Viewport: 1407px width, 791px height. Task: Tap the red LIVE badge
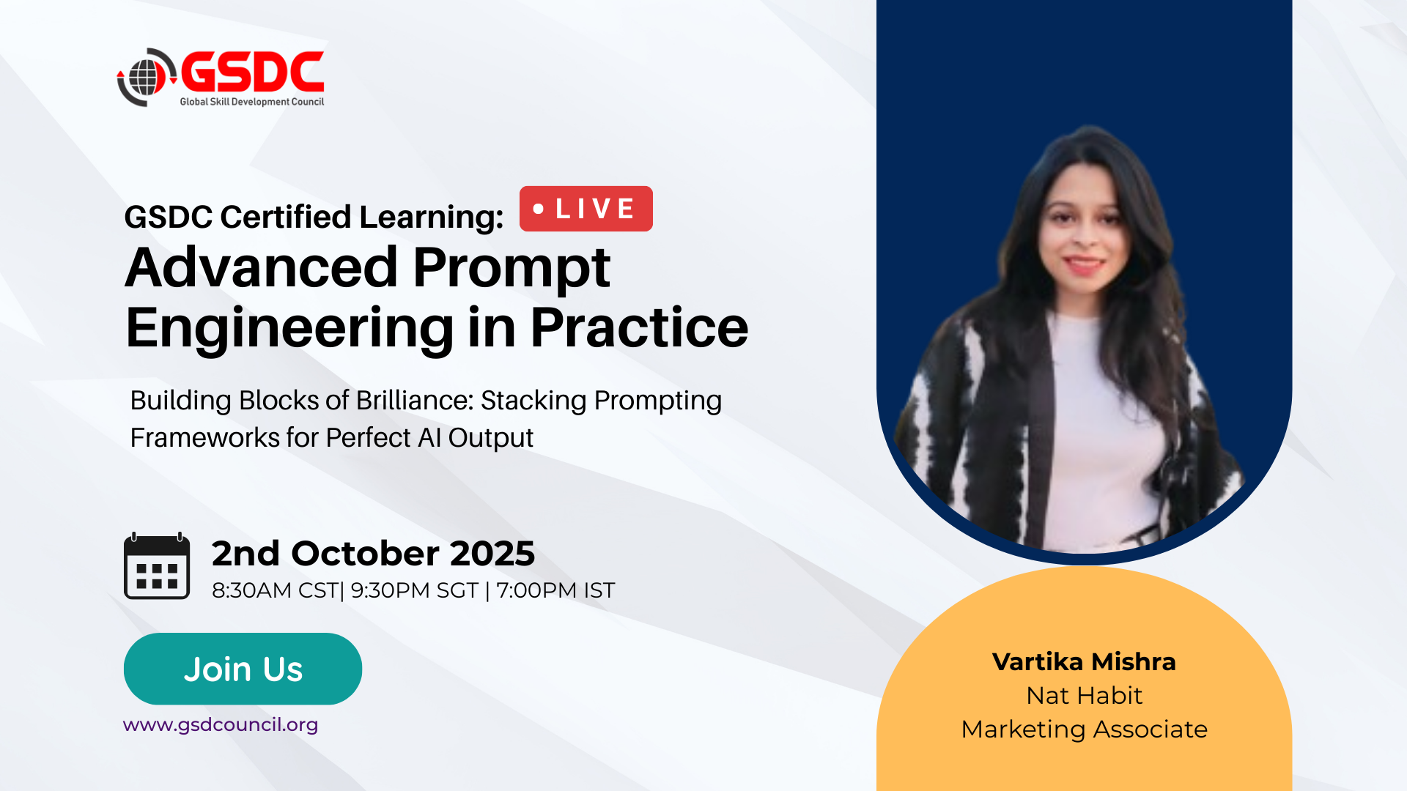pyautogui.click(x=586, y=209)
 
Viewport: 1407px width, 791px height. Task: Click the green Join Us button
pyautogui.click(x=243, y=669)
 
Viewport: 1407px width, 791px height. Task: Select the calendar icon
pyautogui.click(x=157, y=566)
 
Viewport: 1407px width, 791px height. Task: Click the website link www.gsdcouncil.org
pyautogui.click(x=221, y=724)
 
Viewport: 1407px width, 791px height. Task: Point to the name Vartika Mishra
pyautogui.click(x=1084, y=661)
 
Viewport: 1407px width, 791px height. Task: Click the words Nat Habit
pyautogui.click(x=1084, y=695)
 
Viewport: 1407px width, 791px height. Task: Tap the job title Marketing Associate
pyautogui.click(x=1084, y=729)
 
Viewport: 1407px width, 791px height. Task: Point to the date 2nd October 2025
pyautogui.click(x=373, y=553)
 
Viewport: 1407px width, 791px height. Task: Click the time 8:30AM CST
pyautogui.click(x=275, y=590)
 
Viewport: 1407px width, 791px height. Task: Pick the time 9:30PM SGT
pyautogui.click(x=415, y=590)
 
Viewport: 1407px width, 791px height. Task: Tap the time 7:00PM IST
pyautogui.click(x=555, y=590)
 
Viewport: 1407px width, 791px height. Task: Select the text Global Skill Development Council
pyautogui.click(x=252, y=102)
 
